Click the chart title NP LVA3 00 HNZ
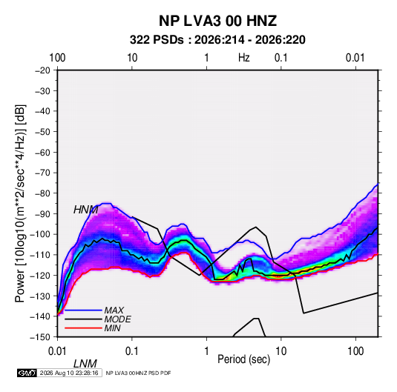click(x=217, y=21)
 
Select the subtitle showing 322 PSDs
click(x=217, y=40)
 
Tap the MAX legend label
click(x=114, y=310)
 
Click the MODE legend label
click(x=117, y=319)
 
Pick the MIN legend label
click(x=112, y=328)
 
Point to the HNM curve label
click(x=85, y=210)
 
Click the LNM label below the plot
click(x=85, y=364)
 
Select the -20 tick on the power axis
click(x=42, y=70)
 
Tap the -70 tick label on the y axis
click(x=42, y=173)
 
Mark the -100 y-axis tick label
click(x=40, y=234)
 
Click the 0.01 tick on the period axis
click(x=57, y=351)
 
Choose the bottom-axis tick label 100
click(x=355, y=351)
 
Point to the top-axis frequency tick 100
click(x=57, y=58)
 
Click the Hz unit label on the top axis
click(x=244, y=58)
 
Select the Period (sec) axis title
click(x=244, y=359)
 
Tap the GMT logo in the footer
click(x=27, y=373)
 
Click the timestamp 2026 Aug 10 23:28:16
click(x=69, y=373)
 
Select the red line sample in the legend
click(x=83, y=328)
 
